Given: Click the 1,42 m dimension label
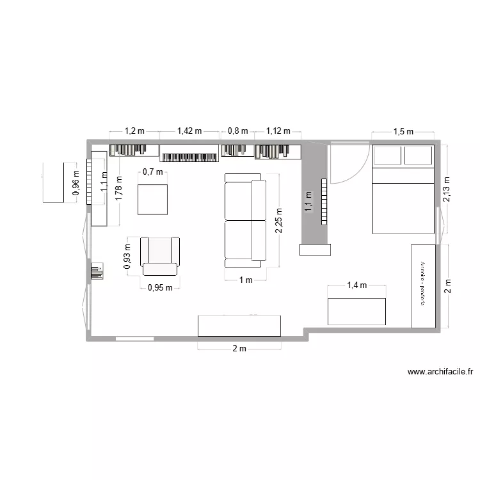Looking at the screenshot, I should (x=189, y=131).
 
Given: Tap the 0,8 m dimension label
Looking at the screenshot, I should (x=237, y=131).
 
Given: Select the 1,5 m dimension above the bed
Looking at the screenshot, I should (x=403, y=132).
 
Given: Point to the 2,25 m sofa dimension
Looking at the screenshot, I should (x=278, y=220).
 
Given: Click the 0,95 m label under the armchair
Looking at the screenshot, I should (x=160, y=287).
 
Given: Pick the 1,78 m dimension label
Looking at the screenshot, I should (x=118, y=189).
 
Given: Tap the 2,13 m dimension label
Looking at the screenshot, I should (x=446, y=189).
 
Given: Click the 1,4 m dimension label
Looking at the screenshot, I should (x=356, y=285).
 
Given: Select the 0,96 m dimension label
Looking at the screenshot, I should (x=76, y=183).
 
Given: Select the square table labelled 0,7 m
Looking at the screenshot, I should (x=152, y=199).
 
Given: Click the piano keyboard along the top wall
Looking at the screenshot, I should (x=189, y=156).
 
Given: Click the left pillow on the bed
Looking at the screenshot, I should (x=387, y=156).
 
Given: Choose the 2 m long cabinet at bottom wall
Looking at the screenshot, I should (x=239, y=326).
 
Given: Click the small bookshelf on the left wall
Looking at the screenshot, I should (x=97, y=271).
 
